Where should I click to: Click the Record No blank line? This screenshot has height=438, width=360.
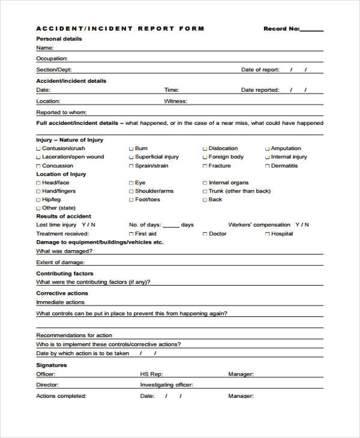tap(311, 30)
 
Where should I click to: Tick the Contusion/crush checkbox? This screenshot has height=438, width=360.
tap(39, 149)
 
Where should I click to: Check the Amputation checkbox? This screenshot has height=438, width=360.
tap(268, 149)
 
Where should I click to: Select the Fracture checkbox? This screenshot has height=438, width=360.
tap(205, 166)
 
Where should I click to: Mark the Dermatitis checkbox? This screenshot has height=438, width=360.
tap(268, 166)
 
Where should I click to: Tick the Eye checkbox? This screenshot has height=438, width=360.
tap(131, 183)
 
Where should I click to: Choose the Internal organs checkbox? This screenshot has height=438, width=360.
tap(205, 183)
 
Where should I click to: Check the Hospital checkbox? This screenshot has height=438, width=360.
tap(268, 234)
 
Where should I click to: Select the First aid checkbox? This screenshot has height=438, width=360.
tap(131, 234)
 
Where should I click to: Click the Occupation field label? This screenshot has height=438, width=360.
tap(52, 59)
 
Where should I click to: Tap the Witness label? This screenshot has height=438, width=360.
tap(175, 101)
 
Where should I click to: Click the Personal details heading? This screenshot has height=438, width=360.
tap(59, 39)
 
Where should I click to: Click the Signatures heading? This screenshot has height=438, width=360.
tap(52, 365)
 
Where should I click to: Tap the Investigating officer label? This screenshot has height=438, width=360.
tap(166, 385)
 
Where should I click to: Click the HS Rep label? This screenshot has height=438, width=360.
tap(151, 374)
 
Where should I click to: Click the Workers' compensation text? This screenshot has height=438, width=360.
tap(259, 225)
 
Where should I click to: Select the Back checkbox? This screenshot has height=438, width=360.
tap(205, 200)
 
